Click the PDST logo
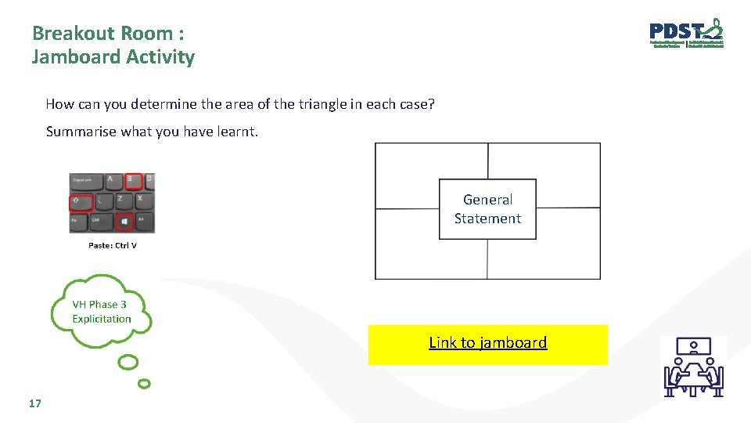(686, 34)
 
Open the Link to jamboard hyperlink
(487, 342)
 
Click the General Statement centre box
(487, 209)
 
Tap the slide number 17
(34, 403)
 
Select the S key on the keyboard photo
(134, 181)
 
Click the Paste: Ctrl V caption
(113, 245)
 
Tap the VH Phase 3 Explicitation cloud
(102, 312)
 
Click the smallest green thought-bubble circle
(144, 384)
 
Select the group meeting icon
(693, 367)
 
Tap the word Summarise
(81, 132)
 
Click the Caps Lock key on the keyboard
(84, 181)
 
